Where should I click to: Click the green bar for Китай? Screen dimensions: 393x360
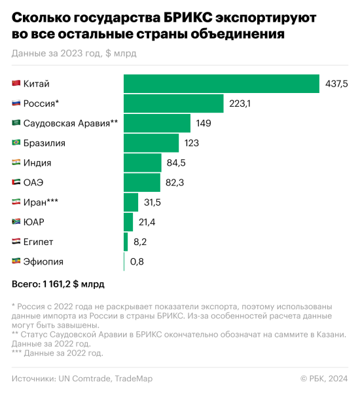(x=221, y=84)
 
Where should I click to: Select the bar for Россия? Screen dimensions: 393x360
(x=173, y=103)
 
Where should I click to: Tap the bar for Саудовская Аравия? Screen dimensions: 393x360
(x=157, y=123)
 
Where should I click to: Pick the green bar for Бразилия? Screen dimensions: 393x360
(x=151, y=143)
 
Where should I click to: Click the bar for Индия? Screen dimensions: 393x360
(x=143, y=162)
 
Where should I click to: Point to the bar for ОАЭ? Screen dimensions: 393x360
(x=142, y=183)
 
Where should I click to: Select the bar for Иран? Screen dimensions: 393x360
(x=131, y=202)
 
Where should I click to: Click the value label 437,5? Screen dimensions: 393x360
(x=336, y=84)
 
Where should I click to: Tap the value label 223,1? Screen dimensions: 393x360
(x=240, y=103)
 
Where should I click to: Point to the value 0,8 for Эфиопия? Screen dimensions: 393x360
(x=137, y=262)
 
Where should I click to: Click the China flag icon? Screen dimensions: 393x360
(x=16, y=84)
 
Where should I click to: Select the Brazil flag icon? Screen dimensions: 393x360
(x=16, y=143)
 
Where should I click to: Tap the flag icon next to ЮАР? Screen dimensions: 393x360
(x=16, y=222)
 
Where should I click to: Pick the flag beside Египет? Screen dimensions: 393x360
(x=16, y=242)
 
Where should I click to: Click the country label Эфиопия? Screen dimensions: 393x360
(x=43, y=262)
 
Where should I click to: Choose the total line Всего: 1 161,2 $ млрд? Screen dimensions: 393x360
(x=58, y=284)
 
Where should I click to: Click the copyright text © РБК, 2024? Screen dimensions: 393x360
(x=323, y=378)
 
